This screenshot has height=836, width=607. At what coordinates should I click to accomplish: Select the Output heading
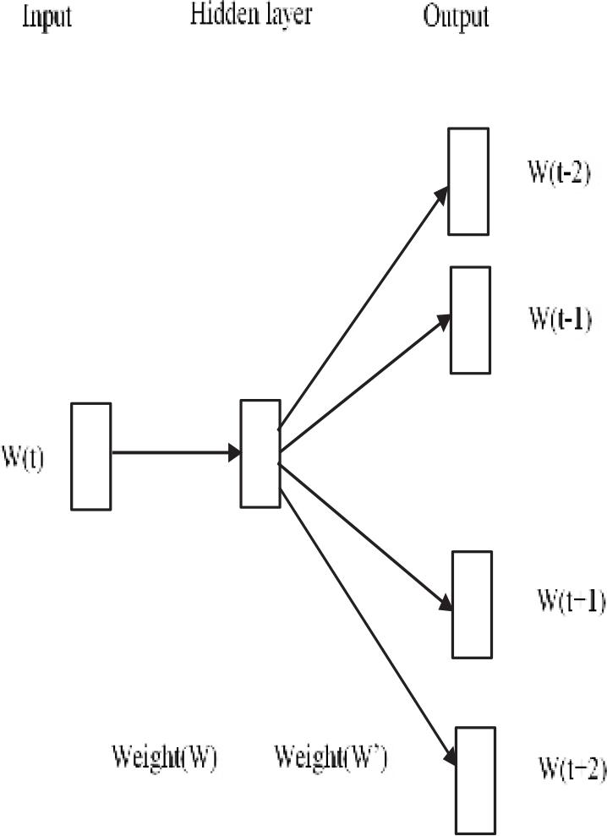(456, 17)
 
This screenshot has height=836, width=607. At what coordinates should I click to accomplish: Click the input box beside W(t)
(90, 456)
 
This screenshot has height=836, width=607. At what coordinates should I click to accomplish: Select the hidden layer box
(260, 454)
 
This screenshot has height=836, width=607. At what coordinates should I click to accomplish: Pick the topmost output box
(468, 181)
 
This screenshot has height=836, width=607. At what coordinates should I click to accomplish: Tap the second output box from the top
(469, 320)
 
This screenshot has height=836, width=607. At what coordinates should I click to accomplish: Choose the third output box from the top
(472, 604)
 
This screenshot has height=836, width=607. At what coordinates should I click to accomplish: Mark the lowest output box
(476, 779)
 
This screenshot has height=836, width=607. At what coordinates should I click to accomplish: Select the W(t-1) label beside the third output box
(571, 602)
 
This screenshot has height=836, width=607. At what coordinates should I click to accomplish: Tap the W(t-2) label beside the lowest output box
(572, 769)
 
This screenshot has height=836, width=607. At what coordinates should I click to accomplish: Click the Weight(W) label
(164, 757)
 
